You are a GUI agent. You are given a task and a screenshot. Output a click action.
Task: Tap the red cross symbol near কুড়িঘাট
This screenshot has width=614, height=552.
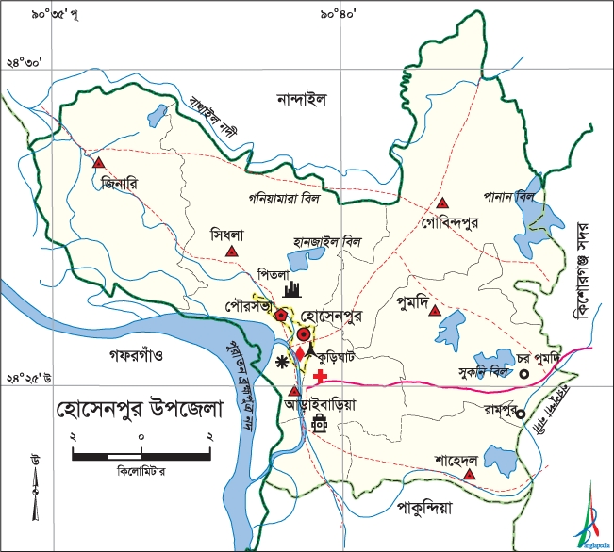point(322,376)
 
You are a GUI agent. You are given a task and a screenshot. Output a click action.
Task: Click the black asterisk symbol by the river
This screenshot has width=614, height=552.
point(280,363)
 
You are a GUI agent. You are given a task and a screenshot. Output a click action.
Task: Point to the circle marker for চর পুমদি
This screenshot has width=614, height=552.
point(524,374)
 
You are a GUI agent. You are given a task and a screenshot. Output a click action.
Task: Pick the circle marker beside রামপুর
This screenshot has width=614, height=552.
point(521,413)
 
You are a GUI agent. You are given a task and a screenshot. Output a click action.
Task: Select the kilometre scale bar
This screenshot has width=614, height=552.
point(141,456)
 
